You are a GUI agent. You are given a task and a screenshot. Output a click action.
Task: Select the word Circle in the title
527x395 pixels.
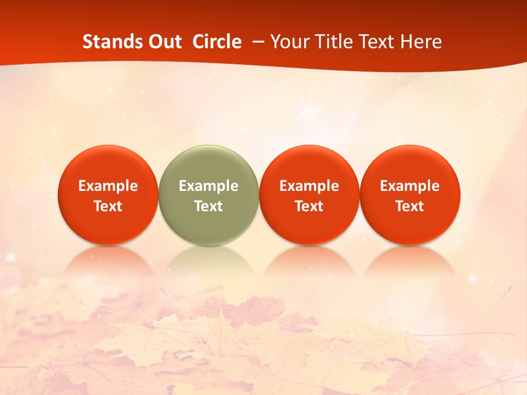tap(217, 42)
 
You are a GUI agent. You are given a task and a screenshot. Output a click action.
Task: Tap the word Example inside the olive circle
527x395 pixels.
tap(209, 186)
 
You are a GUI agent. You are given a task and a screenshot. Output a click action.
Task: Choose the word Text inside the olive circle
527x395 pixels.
tap(209, 206)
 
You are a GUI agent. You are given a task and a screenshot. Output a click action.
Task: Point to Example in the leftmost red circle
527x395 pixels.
tap(108, 186)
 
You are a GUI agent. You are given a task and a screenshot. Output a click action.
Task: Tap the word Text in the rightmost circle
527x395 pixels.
tap(410, 206)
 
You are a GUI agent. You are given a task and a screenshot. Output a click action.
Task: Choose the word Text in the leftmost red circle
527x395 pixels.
tap(108, 206)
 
